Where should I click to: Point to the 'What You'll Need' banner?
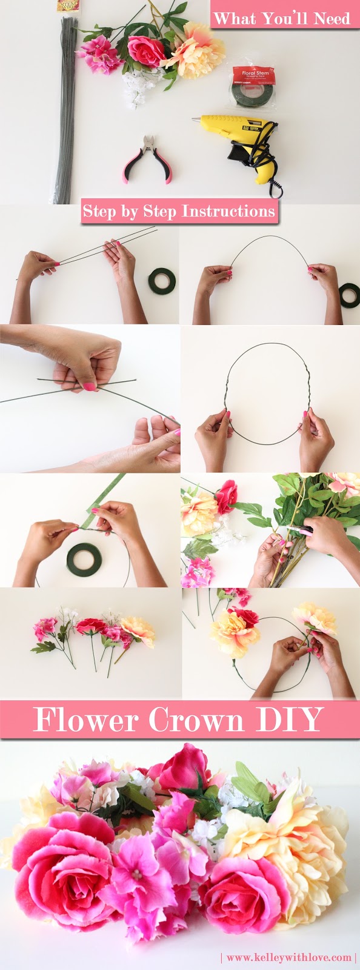pyautogui.click(x=282, y=18)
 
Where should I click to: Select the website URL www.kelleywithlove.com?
pyautogui.click(x=289, y=957)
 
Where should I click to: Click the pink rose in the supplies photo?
pyautogui.click(x=145, y=51)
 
